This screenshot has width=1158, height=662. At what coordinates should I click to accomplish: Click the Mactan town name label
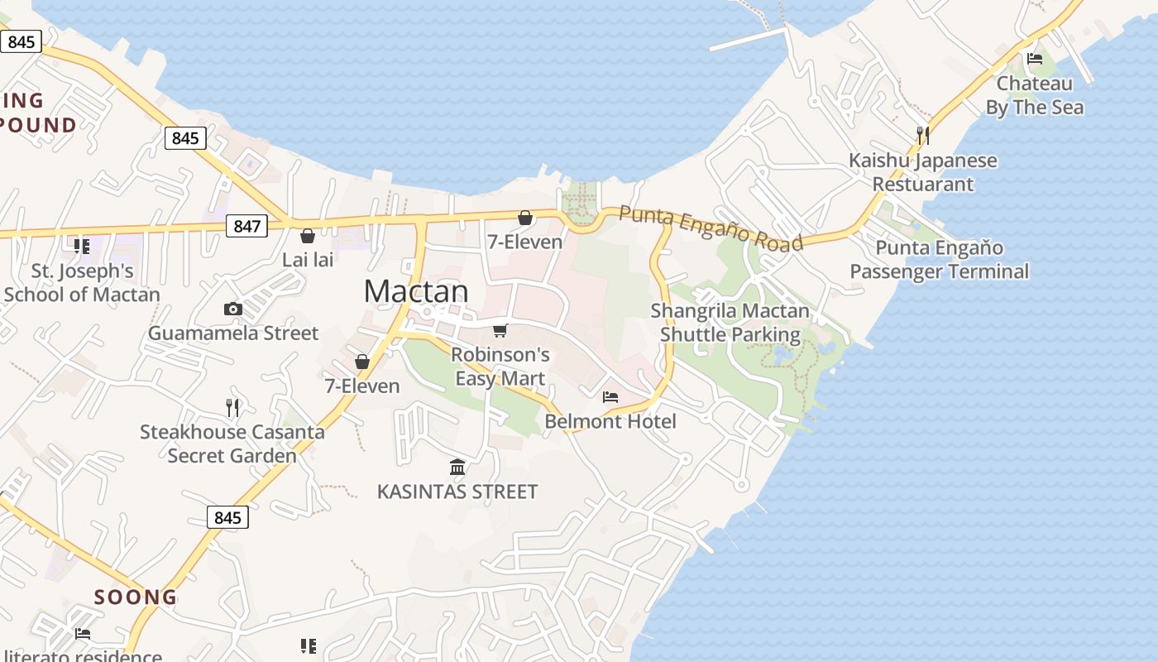pyautogui.click(x=416, y=291)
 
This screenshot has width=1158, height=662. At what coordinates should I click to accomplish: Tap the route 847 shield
pyautogui.click(x=246, y=225)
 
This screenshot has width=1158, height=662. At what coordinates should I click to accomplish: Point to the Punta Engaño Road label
pyautogui.click(x=711, y=228)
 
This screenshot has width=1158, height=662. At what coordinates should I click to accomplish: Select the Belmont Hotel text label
pyautogui.click(x=610, y=421)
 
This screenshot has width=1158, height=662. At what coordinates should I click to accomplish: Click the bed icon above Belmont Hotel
pyautogui.click(x=610, y=397)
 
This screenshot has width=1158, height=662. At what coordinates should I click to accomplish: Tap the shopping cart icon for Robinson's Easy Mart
pyautogui.click(x=500, y=331)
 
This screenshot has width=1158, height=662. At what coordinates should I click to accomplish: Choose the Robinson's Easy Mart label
pyautogui.click(x=500, y=367)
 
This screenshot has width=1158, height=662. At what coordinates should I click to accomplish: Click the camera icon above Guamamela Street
pyautogui.click(x=233, y=309)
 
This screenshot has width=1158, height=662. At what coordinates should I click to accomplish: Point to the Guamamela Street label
pyautogui.click(x=233, y=333)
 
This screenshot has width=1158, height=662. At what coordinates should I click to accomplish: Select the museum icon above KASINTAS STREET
pyautogui.click(x=457, y=468)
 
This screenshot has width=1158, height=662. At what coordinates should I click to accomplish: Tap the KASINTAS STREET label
pyautogui.click(x=457, y=492)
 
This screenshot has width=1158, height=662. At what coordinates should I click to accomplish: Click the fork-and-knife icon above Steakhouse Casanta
pyautogui.click(x=232, y=407)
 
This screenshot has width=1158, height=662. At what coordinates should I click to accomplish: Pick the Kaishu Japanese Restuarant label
pyautogui.click(x=923, y=172)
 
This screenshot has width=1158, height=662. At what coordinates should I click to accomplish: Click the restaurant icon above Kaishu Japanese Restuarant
pyautogui.click(x=923, y=135)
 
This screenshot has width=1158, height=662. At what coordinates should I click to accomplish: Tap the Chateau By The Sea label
pyautogui.click(x=1035, y=95)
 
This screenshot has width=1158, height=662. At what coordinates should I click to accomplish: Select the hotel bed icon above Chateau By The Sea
pyautogui.click(x=1034, y=59)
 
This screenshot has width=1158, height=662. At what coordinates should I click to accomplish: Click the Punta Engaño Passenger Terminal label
pyautogui.click(x=940, y=259)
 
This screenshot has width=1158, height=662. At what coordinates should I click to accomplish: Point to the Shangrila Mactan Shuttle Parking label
pyautogui.click(x=730, y=323)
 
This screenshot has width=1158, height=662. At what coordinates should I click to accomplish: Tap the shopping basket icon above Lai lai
pyautogui.click(x=308, y=236)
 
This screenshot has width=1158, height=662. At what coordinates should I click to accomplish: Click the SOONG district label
pyautogui.click(x=136, y=597)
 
